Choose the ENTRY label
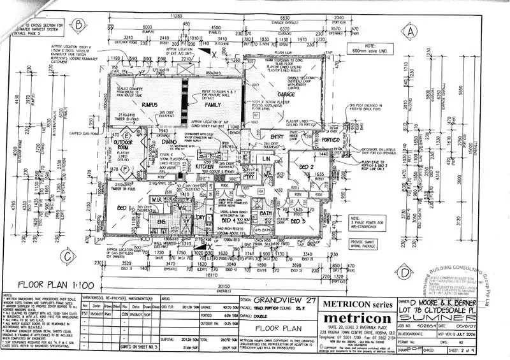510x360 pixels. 277,136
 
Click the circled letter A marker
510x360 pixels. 412,31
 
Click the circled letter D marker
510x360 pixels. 405,270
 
